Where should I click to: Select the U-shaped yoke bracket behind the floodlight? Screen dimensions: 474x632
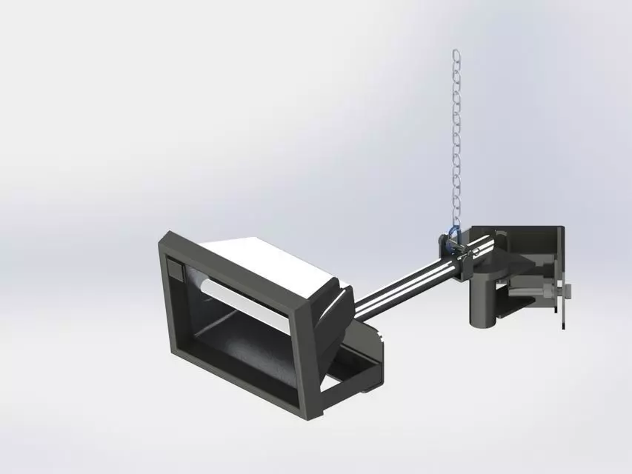(356, 370)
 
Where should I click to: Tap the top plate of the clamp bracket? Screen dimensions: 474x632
(511, 233)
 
